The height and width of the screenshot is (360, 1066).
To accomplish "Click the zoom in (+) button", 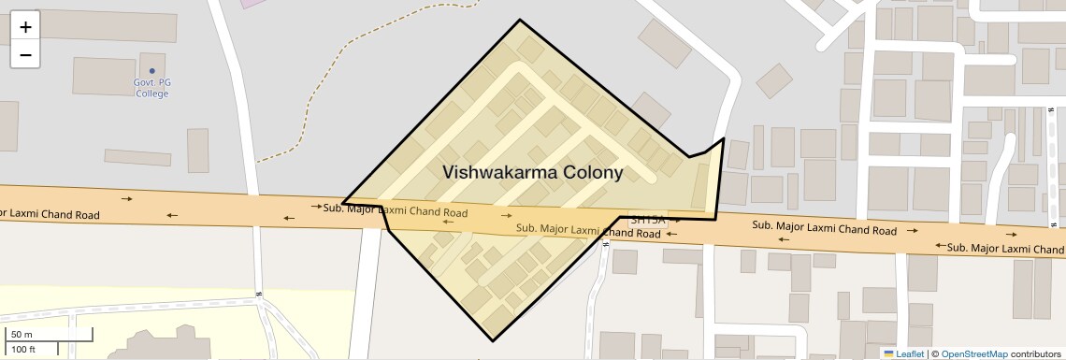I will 25,27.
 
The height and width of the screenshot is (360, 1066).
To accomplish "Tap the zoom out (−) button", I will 25,55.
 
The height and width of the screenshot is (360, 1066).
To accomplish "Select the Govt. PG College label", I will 151,88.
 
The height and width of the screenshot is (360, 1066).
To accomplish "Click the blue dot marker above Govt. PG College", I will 151,71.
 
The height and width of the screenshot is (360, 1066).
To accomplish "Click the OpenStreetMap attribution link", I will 973,354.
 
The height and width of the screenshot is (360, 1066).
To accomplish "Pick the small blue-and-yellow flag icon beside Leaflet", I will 888,354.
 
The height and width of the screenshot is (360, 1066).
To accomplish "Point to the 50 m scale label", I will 22,335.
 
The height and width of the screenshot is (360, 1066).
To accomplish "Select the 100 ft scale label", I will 23,349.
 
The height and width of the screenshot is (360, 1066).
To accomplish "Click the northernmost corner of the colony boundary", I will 520,20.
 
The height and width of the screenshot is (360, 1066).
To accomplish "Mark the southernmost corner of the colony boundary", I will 492,341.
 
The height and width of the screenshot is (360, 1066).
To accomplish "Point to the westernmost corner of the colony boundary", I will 343,202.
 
